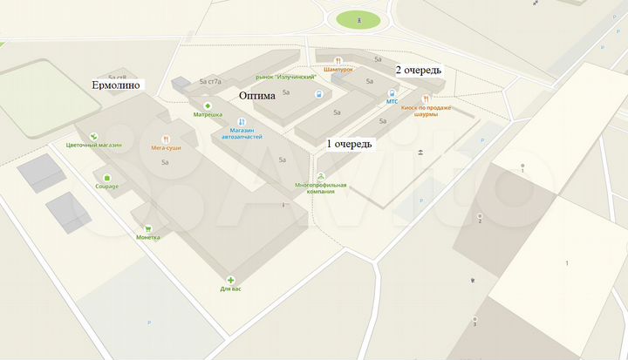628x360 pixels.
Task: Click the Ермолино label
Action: [118, 85]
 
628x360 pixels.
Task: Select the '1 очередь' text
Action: [351, 143]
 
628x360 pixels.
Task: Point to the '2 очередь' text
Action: [419, 70]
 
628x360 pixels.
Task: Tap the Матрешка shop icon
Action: [208, 105]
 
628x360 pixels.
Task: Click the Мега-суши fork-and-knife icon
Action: [165, 139]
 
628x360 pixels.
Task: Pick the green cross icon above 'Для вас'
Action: [232, 279]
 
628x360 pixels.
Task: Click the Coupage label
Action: [107, 186]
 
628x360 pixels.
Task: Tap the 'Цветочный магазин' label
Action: [93, 146]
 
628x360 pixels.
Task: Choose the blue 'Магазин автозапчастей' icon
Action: [242, 122]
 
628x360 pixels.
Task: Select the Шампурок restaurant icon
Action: [338, 61]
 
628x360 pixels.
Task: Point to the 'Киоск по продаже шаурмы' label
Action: [425, 110]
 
